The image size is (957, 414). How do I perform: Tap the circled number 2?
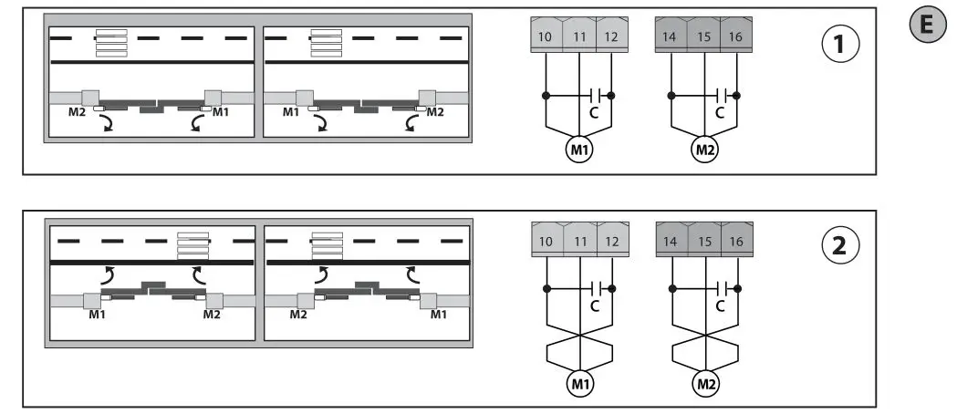840,245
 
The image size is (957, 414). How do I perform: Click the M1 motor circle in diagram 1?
579,150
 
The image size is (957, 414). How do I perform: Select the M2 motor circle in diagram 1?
704,150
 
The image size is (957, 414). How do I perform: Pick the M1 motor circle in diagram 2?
579,384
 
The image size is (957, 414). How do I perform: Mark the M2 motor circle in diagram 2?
704,384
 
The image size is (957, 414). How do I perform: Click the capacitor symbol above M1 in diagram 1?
595,95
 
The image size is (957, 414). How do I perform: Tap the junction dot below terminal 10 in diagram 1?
546,95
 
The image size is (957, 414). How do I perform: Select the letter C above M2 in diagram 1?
720,112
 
